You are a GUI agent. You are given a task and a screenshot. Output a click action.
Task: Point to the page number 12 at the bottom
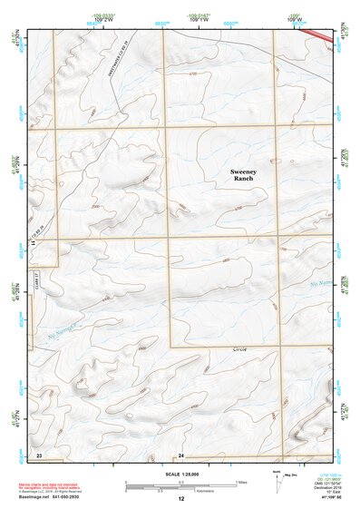[x=180, y=499]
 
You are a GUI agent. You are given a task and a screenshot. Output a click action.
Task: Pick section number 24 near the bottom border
[x=180, y=453]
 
